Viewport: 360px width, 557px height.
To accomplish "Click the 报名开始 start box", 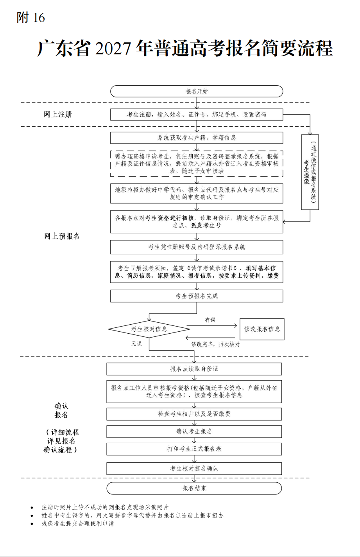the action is coord(197,91).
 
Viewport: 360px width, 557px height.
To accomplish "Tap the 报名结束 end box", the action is coord(194,488).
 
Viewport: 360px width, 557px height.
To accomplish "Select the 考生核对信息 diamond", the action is coord(149,329).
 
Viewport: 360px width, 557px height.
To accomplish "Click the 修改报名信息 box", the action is coord(262,329).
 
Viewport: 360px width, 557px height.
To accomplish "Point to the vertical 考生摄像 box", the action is coord(310,172).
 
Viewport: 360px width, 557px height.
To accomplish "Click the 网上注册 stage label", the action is coord(58,114).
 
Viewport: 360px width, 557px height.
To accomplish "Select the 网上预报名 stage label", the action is coord(62,236).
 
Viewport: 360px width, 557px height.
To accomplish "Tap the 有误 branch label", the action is coord(210,320).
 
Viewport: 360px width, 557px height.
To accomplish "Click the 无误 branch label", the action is coord(137,344).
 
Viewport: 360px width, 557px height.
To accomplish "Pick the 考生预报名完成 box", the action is coord(197,296).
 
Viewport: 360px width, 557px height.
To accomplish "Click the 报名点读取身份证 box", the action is coord(194,369).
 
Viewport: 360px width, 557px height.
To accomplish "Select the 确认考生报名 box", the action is coord(194,431).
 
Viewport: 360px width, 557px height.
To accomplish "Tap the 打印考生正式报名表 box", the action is coord(194,449).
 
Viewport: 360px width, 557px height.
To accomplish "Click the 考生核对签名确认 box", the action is coord(194,469).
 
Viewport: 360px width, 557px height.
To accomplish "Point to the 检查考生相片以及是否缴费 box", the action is coord(194,414).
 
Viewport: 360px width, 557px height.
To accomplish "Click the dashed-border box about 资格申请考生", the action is coord(197,164).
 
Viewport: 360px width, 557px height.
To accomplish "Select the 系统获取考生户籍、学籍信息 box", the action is coord(197,138).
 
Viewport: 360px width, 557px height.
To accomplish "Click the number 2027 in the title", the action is coord(113,49).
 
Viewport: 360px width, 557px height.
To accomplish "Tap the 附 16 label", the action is coord(31,18).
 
